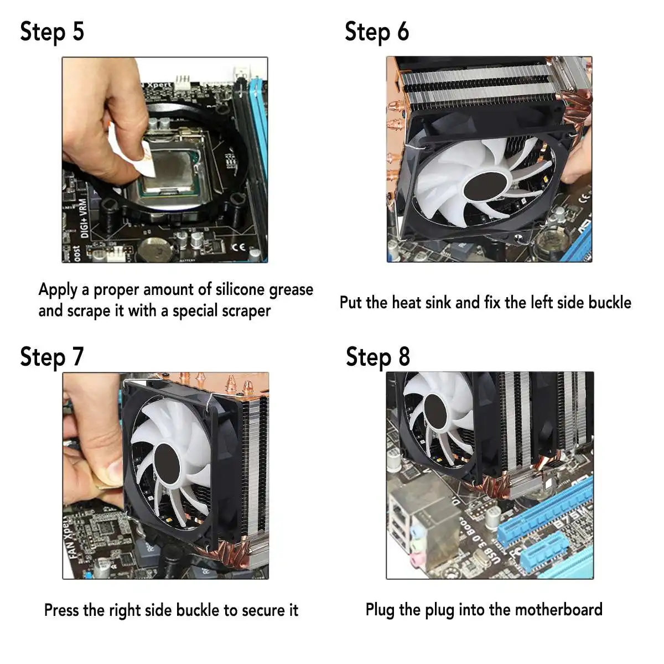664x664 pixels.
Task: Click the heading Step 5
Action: [52, 32]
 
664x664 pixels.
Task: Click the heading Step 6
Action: [377, 32]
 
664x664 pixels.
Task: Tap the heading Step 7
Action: [52, 357]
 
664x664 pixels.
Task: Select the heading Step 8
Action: [378, 357]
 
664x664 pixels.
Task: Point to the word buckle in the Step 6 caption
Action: [610, 303]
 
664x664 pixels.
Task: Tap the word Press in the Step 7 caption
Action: [62, 610]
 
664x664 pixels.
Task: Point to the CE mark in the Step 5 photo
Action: [238, 247]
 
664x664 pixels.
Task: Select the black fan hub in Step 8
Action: [435, 412]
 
